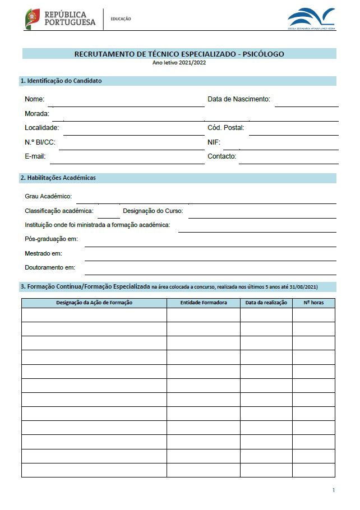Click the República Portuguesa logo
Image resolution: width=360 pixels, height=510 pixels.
pyautogui.click(x=60, y=18)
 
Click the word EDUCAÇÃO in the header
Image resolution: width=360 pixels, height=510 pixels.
pyautogui.click(x=121, y=19)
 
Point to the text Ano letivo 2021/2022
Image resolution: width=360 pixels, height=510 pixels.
pyautogui.click(x=179, y=63)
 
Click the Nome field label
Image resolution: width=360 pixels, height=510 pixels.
pyautogui.click(x=34, y=99)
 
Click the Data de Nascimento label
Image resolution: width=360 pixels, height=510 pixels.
pyautogui.click(x=239, y=99)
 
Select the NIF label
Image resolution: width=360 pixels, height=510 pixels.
pyautogui.click(x=214, y=142)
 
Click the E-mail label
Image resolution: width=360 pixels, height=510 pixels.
pyautogui.click(x=35, y=156)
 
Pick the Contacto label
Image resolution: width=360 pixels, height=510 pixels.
pyautogui.click(x=221, y=156)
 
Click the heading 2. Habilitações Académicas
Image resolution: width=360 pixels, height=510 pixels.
pyautogui.click(x=58, y=178)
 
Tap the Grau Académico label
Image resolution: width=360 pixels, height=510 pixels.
pyautogui.click(x=48, y=197)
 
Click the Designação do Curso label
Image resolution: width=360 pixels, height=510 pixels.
pyautogui.click(x=153, y=211)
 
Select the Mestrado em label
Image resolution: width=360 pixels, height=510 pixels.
pyautogui.click(x=43, y=253)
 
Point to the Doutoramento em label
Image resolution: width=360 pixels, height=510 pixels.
pyautogui.click(x=50, y=268)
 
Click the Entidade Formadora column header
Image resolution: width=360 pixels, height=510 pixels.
pyautogui.click(x=204, y=303)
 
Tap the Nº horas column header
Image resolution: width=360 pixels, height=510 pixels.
pyautogui.click(x=313, y=303)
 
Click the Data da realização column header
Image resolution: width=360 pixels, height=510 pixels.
pyautogui.click(x=266, y=303)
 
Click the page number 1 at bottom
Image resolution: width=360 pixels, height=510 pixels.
pyautogui.click(x=333, y=490)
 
